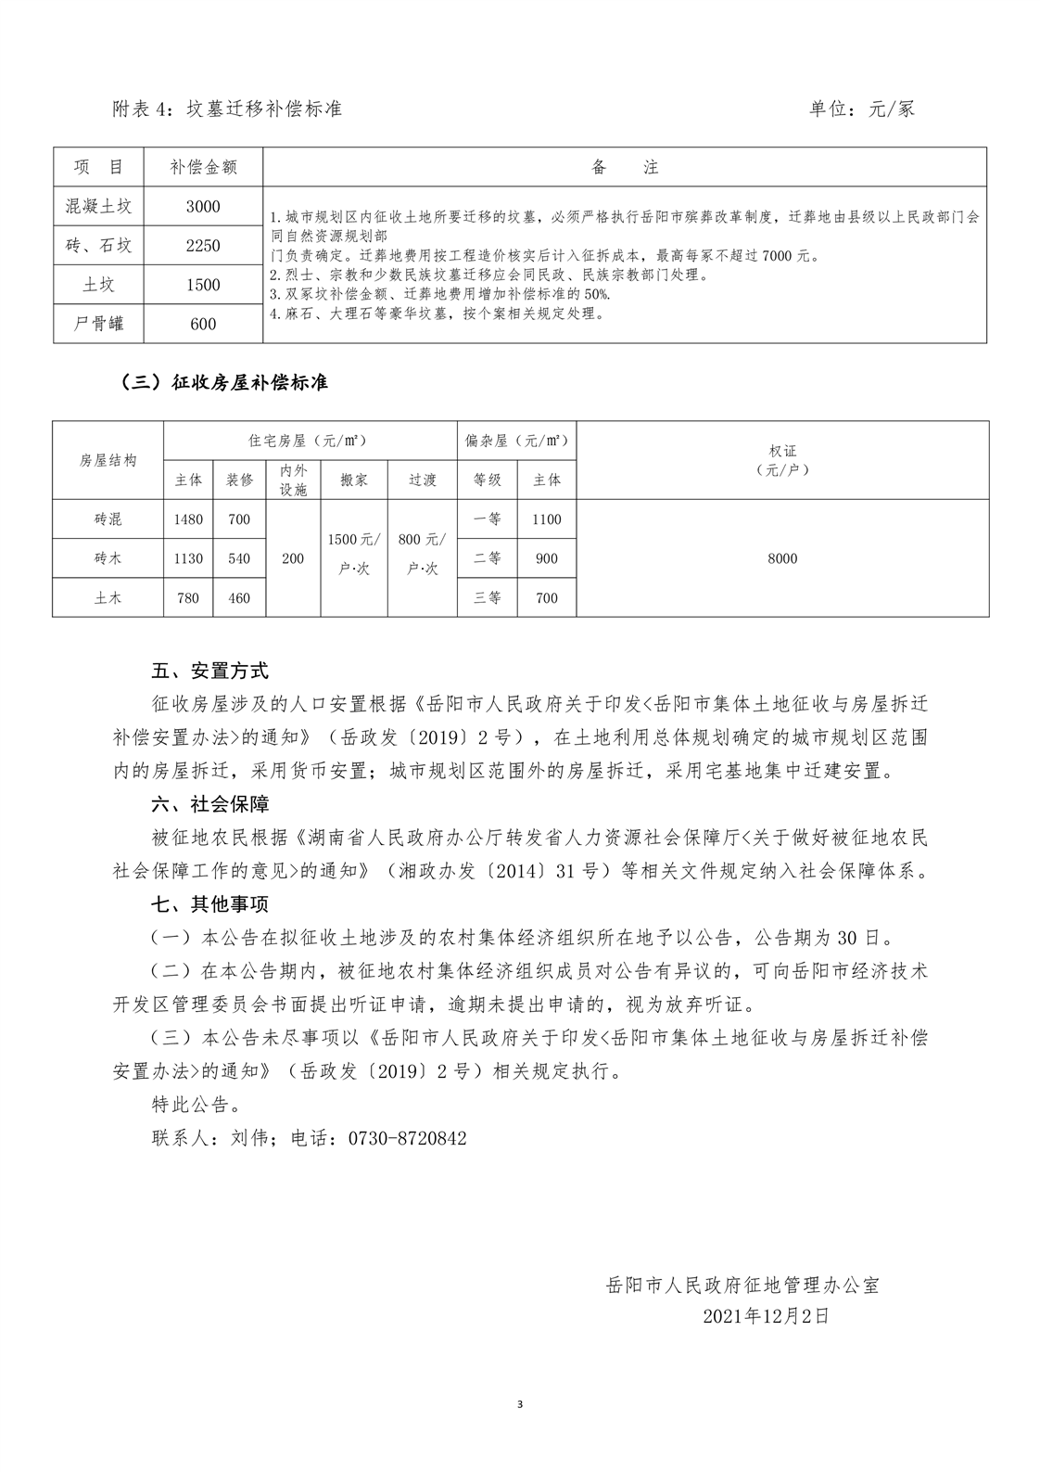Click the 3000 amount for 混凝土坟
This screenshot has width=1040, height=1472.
click(x=203, y=207)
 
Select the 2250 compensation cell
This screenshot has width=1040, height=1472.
click(x=203, y=246)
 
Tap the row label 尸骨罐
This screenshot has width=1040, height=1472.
click(x=98, y=324)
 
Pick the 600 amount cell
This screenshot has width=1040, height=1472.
click(x=203, y=324)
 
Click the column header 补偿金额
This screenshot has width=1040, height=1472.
click(x=203, y=167)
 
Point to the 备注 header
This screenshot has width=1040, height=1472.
click(x=624, y=167)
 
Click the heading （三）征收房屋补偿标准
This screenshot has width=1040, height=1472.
click(x=224, y=382)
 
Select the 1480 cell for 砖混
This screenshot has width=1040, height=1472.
click(x=188, y=519)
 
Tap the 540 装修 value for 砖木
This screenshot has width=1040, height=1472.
click(x=239, y=558)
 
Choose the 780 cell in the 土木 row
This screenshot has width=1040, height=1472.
click(x=188, y=598)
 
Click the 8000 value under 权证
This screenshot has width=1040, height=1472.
click(x=782, y=558)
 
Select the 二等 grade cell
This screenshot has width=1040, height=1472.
click(x=488, y=558)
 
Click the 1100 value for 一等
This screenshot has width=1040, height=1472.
click(x=547, y=519)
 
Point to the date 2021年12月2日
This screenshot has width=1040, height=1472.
click(x=765, y=1315)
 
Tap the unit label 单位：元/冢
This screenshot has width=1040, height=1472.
click(x=862, y=109)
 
